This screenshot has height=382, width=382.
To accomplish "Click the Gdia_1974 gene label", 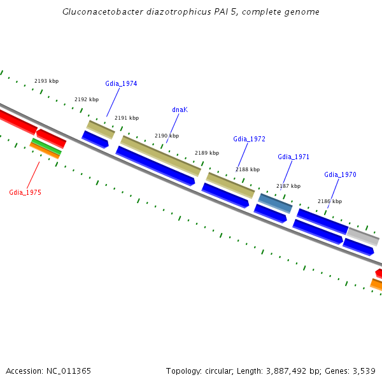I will [121, 83].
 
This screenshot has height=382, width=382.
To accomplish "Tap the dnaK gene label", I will [180, 110].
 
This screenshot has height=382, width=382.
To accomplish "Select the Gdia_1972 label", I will [249, 139].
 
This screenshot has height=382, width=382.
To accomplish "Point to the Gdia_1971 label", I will [294, 157].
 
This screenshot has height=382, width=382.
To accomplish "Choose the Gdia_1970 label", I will [340, 174].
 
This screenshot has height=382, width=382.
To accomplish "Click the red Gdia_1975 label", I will [25, 192].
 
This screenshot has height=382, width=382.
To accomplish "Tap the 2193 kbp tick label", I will [46, 81].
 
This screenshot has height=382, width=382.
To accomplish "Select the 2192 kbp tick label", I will [87, 99].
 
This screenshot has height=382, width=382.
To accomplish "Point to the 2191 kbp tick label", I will [127, 118].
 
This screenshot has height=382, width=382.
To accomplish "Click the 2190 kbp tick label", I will [167, 136].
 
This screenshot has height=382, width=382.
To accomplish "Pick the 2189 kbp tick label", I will [207, 153].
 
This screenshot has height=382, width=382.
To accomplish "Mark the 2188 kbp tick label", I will [248, 169].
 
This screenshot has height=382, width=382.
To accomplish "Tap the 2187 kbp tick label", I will [288, 186].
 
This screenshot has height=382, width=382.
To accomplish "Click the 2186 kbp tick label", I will [330, 201].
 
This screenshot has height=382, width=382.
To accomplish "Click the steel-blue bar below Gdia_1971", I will [276, 203].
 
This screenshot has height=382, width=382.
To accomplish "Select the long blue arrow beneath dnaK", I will [155, 166].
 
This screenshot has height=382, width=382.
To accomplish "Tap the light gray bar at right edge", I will [363, 237].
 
